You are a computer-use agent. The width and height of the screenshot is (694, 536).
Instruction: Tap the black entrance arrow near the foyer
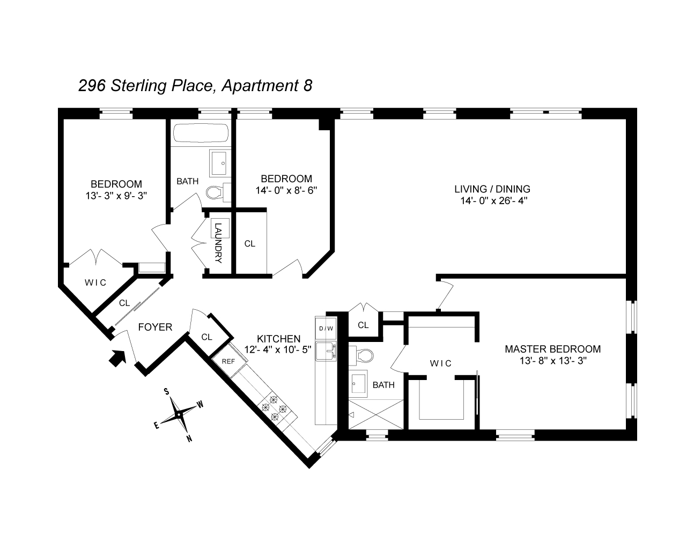click(x=117, y=358)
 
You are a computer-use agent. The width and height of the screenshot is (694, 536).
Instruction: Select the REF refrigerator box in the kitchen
click(x=228, y=361)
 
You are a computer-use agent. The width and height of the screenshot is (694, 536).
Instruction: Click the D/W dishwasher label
click(x=326, y=328)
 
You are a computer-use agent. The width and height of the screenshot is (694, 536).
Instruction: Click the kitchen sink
click(x=326, y=351)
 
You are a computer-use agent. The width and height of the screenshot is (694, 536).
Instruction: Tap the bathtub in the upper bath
click(x=201, y=133)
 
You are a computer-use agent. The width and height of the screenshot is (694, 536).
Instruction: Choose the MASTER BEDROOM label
click(x=552, y=349)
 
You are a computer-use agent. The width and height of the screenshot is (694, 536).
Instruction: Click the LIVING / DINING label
click(x=492, y=189)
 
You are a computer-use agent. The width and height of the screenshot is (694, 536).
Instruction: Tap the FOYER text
click(x=155, y=327)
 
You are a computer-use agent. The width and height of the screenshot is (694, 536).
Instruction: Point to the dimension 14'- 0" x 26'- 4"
click(x=492, y=201)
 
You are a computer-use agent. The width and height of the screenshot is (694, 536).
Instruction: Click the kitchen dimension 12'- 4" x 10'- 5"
click(x=278, y=349)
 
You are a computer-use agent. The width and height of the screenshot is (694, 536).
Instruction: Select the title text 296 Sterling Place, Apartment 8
click(x=195, y=86)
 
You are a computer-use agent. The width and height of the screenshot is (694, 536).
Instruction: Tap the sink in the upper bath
click(x=219, y=162)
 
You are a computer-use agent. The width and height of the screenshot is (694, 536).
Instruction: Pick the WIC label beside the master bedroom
click(x=441, y=363)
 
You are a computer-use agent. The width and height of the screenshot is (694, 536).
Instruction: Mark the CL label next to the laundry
click(x=249, y=243)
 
